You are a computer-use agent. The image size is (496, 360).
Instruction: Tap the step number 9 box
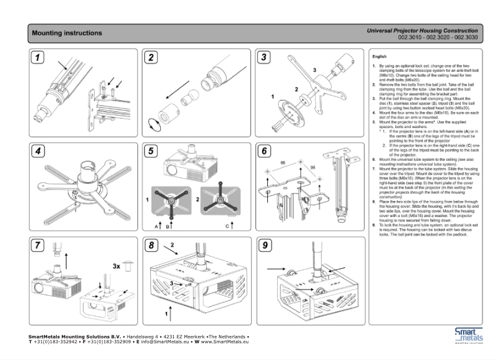[265, 246]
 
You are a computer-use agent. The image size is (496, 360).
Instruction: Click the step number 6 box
[265, 151]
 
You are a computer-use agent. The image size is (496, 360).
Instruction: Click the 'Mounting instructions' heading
[67, 33]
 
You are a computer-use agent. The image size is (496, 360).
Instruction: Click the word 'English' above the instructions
[379, 56]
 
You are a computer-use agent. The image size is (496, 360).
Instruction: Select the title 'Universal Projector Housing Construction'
[421, 30]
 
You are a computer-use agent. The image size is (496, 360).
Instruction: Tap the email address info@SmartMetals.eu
[164, 341]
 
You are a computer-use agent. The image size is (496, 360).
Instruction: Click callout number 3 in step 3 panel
[314, 71]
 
